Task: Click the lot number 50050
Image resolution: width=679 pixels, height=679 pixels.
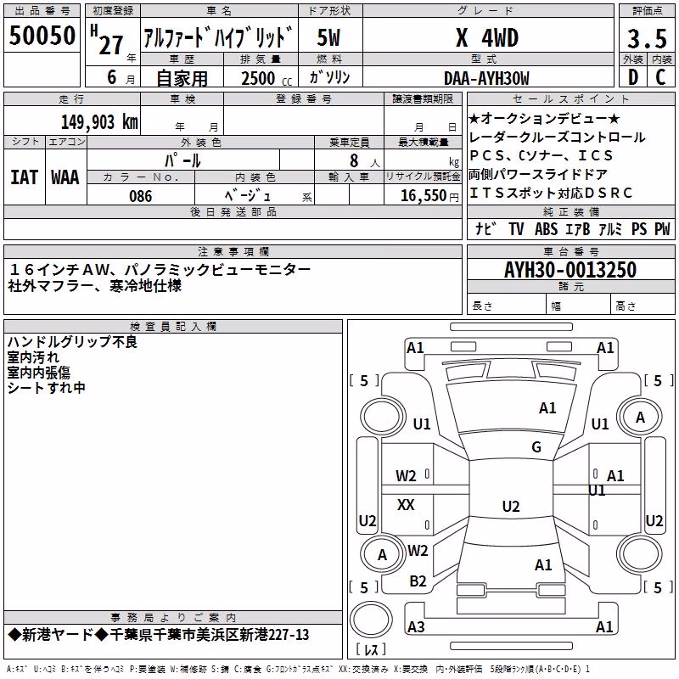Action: [x=42, y=36]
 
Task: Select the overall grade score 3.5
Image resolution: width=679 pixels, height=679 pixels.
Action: [x=647, y=38]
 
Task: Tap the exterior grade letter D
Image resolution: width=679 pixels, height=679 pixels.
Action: [x=633, y=77]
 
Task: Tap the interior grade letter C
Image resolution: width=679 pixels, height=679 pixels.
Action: [x=660, y=77]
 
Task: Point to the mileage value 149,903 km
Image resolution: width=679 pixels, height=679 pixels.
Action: [x=99, y=122]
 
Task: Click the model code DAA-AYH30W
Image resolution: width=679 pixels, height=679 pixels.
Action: [x=486, y=78]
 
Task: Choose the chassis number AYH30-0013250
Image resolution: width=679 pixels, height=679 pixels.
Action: [x=570, y=270]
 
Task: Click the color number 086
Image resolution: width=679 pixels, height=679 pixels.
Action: [x=140, y=196]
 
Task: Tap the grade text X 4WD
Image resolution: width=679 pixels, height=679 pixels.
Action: [x=487, y=38]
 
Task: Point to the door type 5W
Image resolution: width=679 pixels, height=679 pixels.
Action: [x=328, y=38]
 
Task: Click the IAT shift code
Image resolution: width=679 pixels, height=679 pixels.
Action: [x=25, y=177]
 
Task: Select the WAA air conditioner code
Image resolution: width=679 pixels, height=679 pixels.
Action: [x=65, y=177]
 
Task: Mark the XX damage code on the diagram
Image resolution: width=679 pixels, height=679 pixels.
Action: [x=406, y=504]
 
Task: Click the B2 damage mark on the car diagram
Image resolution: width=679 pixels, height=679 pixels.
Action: [x=418, y=581]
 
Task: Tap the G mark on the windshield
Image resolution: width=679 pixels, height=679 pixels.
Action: [x=536, y=447]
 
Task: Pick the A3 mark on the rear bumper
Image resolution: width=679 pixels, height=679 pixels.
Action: [x=416, y=626]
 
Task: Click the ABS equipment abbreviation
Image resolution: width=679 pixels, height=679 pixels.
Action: [x=546, y=228]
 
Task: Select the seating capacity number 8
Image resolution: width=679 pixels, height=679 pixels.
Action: [x=354, y=160]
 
